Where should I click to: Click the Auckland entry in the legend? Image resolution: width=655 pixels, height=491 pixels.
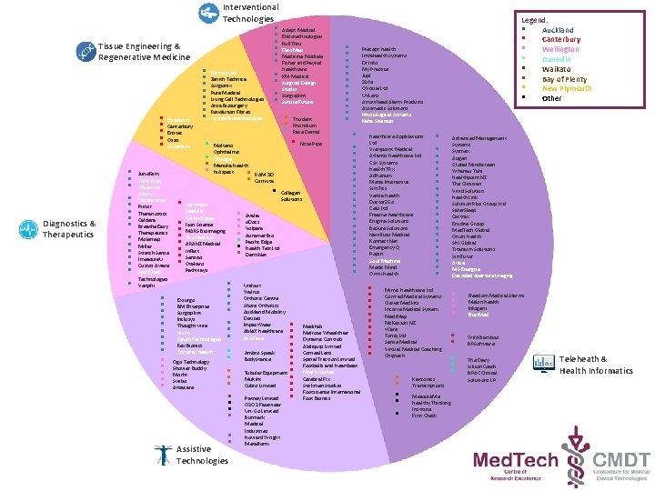(558, 30)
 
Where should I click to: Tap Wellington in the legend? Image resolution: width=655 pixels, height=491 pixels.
(561, 49)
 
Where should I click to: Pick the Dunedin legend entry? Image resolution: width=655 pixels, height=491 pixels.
(558, 59)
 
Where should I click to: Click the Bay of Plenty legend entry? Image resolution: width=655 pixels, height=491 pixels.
(564, 78)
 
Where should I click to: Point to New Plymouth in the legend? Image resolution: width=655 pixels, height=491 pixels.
(565, 88)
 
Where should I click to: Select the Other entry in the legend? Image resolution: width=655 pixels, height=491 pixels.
(553, 98)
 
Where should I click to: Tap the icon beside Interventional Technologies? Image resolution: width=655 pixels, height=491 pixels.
(208, 13)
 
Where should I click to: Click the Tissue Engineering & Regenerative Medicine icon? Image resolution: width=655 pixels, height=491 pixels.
(86, 52)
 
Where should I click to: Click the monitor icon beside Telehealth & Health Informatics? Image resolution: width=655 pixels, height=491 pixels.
(542, 365)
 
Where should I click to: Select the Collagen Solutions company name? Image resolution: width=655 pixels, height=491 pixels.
(290, 195)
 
